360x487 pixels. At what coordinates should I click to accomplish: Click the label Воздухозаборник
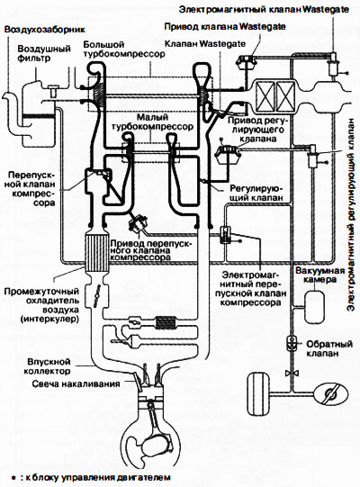pos(45,30)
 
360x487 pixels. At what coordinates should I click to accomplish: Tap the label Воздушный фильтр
pos(44,53)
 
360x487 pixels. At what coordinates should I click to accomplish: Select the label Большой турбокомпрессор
pos(124,50)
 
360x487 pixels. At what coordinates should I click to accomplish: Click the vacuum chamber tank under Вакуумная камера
pos(315,307)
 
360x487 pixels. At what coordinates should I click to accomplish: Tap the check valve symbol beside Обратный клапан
pos(292,343)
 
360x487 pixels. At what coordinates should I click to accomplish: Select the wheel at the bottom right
pos(258,394)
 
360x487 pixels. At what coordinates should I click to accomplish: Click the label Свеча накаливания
pos(76,383)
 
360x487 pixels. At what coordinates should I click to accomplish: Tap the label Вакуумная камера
pos(319,275)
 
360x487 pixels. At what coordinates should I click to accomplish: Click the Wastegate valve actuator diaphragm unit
pos(246,62)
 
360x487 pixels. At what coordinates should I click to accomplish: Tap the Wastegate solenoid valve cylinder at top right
pos(333,64)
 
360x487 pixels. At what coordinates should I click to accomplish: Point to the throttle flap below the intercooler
pos(97,295)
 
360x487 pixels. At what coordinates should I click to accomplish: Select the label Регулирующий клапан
pos(256,193)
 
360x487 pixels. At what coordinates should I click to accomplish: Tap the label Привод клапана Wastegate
pos(225,26)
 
